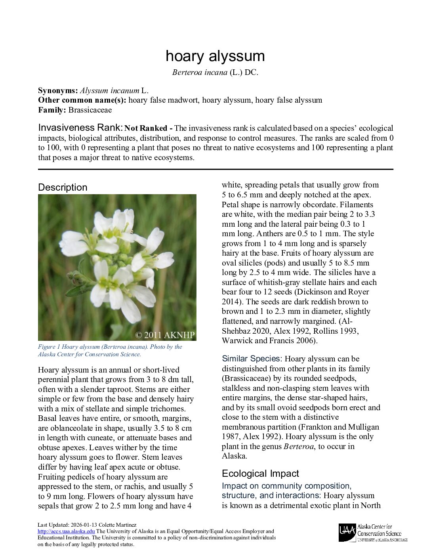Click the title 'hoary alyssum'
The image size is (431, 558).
point(215,56)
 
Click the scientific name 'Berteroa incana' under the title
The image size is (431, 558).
point(200,73)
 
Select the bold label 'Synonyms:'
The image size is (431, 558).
point(58,90)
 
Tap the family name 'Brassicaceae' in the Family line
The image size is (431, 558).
point(90,110)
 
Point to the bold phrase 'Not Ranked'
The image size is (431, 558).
point(146,128)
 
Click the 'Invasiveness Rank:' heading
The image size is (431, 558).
point(80,128)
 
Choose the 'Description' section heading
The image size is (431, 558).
point(63,187)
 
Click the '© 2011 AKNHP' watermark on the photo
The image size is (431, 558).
point(165,335)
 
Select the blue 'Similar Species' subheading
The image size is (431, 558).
point(251,359)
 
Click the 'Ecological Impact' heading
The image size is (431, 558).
point(260,474)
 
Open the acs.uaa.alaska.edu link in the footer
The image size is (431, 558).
point(66,531)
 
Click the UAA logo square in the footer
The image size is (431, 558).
point(347,533)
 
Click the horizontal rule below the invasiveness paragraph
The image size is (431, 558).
point(215,169)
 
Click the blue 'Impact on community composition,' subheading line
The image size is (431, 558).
point(286,486)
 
